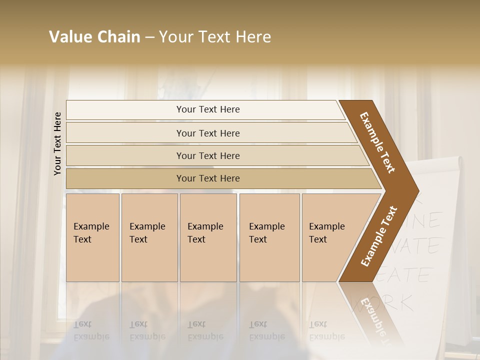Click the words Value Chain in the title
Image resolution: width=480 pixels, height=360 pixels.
coord(94,37)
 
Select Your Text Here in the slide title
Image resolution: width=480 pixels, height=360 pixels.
coord(215,37)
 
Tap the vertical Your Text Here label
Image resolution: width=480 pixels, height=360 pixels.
coord(57,143)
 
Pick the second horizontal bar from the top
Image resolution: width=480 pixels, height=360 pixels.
coord(208,133)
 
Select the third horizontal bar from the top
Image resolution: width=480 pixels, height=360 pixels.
coord(208,155)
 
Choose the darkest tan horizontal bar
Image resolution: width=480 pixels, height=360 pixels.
coord(208,178)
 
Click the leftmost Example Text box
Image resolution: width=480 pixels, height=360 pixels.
coord(92,237)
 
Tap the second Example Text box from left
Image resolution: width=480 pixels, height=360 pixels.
coord(149,237)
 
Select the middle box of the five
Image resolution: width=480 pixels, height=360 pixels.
coord(208,237)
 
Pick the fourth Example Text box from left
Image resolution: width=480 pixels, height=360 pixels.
coord(269,237)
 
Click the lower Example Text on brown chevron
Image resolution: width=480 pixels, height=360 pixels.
coord(378,236)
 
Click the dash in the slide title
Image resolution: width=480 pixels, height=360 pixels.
coord(149,37)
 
